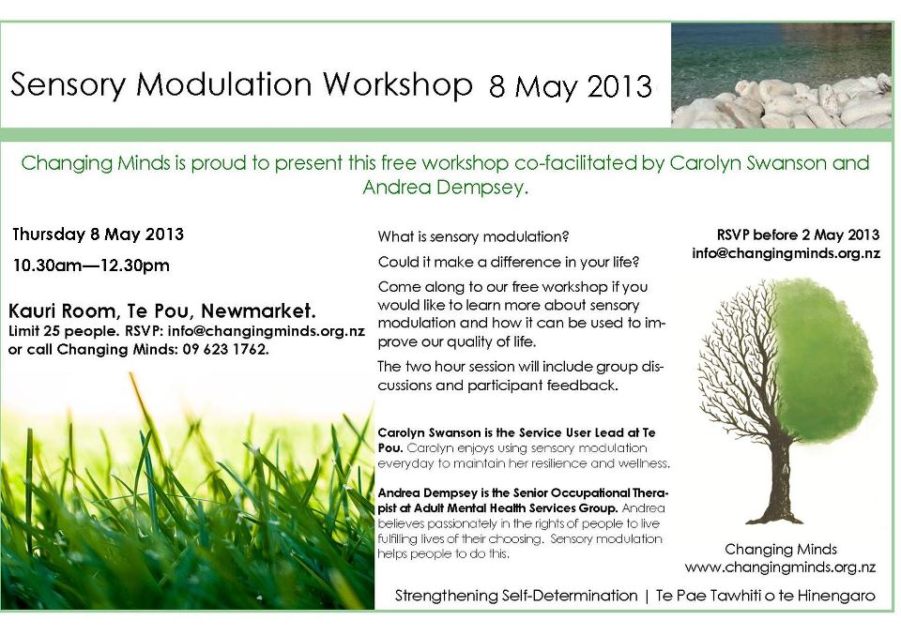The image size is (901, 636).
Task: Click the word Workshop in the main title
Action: pos(398,85)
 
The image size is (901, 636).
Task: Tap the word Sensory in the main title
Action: pos(68,85)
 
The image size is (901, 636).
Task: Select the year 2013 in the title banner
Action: pos(618,86)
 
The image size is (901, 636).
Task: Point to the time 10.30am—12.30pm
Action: pos(91,266)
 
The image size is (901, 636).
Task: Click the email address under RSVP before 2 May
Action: pos(786,253)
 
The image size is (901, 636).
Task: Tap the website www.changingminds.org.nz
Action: pos(780,568)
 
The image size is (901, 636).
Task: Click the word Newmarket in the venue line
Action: pos(258,311)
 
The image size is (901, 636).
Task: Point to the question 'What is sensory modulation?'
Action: pos(473,236)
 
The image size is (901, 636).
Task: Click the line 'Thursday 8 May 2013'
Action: pos(99,235)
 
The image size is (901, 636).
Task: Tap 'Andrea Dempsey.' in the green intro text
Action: pos(445,188)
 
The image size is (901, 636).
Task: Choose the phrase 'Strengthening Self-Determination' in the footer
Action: pos(516,596)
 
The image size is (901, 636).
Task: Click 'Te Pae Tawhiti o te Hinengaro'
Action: pos(766,596)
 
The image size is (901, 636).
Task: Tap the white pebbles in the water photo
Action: pos(783,104)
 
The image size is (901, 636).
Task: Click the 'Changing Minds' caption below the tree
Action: pos(780,550)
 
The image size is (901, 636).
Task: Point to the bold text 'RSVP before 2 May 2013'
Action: pos(798,235)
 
